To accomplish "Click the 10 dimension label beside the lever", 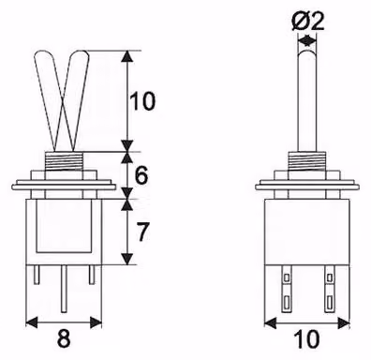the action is pos(142,101).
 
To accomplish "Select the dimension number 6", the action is pos(141,176).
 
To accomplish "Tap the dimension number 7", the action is pos(141,232).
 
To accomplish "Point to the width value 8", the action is pos(64,338).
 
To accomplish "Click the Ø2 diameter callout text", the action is pos(307,22).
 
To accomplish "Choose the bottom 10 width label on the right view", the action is pos(307,339).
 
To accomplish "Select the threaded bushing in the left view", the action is pos(64,161).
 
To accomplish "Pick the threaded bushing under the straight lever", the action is pos(307,161).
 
